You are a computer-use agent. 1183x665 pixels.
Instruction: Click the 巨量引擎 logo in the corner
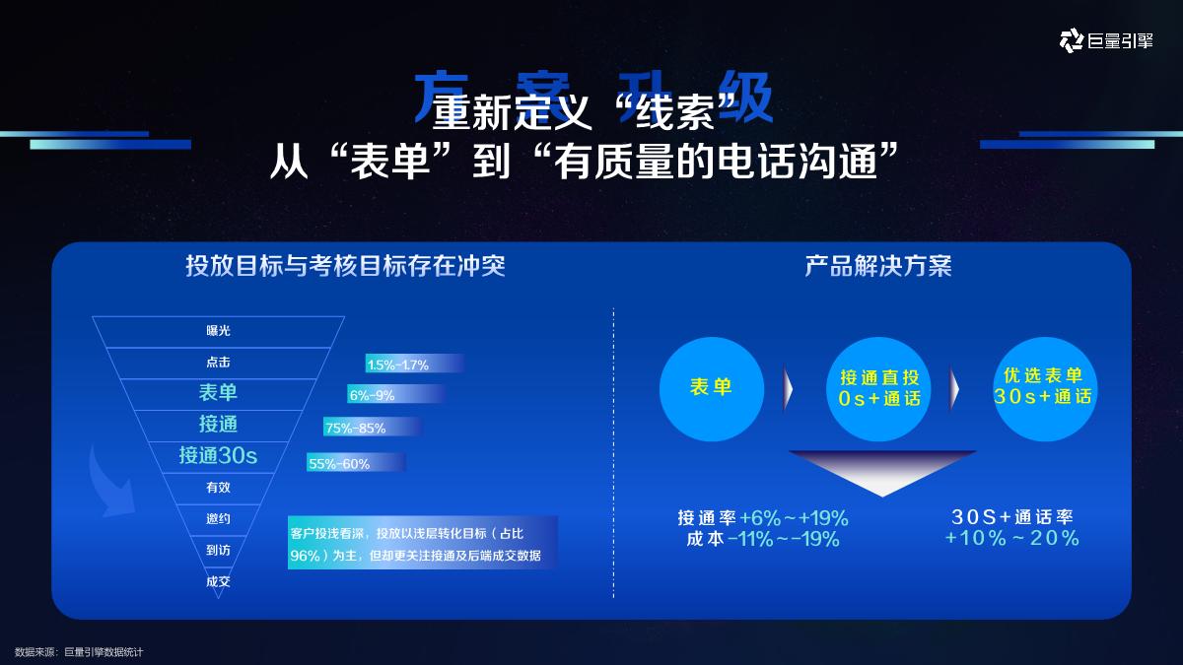[x=1105, y=40]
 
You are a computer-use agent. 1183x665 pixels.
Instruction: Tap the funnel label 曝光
[x=218, y=331]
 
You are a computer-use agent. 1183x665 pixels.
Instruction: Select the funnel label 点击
[x=218, y=363]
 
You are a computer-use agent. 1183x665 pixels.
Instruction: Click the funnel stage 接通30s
[x=218, y=455]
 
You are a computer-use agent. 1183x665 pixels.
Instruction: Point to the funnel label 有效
[x=218, y=487]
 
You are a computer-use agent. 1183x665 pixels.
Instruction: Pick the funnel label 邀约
[x=218, y=518]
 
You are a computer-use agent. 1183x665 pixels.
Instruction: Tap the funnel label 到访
[x=218, y=550]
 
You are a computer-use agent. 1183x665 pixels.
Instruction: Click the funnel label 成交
[x=218, y=581]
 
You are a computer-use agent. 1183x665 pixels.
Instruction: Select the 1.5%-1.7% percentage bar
[x=413, y=365]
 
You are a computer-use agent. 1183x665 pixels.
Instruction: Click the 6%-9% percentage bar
[x=394, y=395]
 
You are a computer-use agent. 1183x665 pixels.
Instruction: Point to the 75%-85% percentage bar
[x=372, y=428]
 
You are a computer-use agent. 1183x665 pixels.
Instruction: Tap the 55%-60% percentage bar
[x=355, y=463]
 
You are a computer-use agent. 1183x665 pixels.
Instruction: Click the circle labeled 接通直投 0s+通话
[x=879, y=388]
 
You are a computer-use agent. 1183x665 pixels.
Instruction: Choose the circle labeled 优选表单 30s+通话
[x=1043, y=387]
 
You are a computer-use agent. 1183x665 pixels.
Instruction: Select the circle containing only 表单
[x=711, y=387]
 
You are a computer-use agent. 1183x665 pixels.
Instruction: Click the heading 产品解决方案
[x=878, y=266]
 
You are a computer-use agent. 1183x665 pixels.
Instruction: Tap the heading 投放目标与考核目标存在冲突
[x=345, y=266]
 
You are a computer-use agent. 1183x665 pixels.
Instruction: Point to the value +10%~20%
[x=1011, y=538]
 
